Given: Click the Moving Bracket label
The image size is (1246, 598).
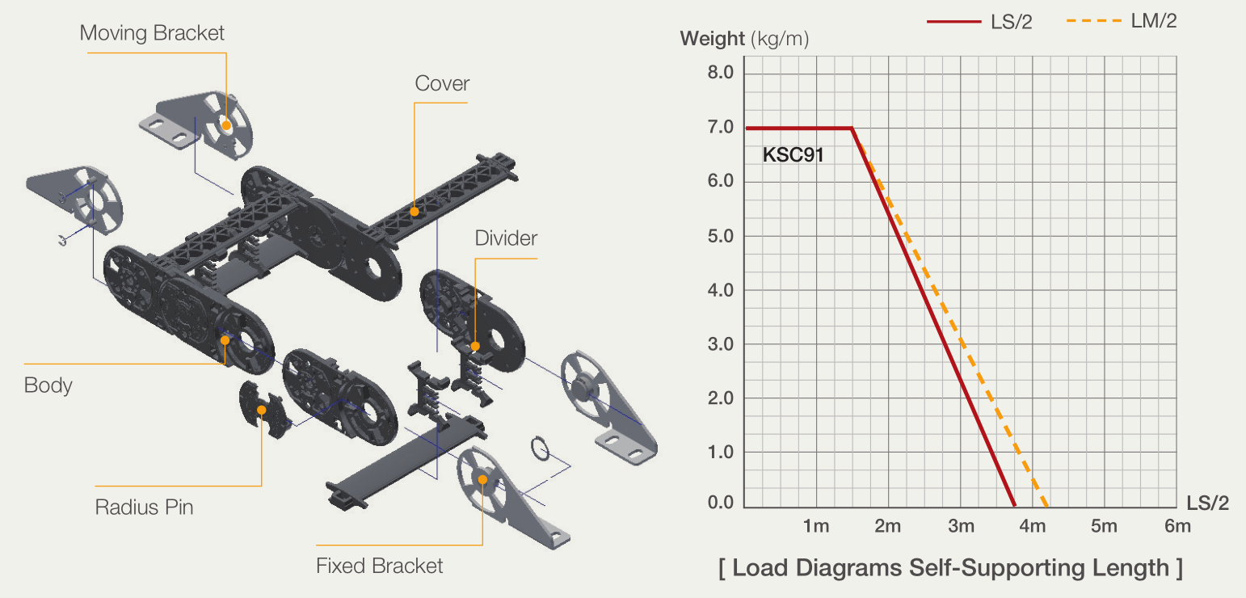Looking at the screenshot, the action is [x=152, y=33].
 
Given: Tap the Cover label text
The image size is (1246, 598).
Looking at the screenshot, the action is [x=442, y=83].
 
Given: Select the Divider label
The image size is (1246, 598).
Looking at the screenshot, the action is [x=506, y=238].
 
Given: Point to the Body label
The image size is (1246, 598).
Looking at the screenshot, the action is [x=48, y=385].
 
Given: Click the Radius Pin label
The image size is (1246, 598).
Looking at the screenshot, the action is [x=144, y=507].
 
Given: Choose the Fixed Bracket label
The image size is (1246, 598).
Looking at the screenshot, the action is [x=379, y=566].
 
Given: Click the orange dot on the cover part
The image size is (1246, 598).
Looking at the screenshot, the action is [x=415, y=212].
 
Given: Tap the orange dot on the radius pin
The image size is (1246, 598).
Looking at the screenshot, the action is [x=262, y=410].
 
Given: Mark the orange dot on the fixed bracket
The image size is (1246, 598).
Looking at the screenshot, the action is [x=482, y=479].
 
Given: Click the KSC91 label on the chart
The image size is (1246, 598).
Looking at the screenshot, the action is [x=793, y=154].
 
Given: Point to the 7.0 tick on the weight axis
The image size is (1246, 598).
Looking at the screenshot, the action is [x=720, y=127].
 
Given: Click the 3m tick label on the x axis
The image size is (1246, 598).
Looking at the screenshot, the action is [x=962, y=526].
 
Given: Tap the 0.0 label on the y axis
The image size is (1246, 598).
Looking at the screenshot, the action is [x=720, y=503].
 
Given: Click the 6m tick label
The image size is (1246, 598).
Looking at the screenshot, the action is [x=1177, y=526].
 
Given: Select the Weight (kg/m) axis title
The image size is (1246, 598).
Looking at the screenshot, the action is [x=744, y=39].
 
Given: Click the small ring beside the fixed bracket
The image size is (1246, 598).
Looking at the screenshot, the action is [x=540, y=448].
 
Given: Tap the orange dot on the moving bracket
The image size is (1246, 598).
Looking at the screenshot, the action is [x=226, y=126].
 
